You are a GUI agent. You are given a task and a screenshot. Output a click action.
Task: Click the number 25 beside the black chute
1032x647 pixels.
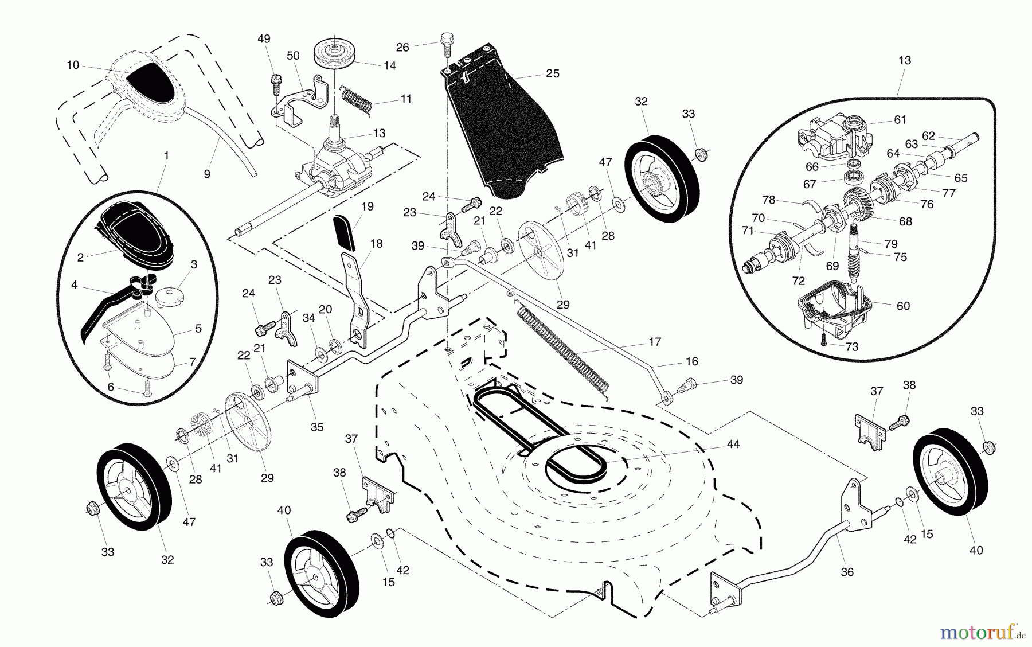pos(552,74)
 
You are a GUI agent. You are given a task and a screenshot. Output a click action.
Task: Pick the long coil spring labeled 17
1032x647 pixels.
pos(562,348)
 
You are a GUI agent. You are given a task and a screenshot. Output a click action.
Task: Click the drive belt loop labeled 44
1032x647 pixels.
pos(573,462)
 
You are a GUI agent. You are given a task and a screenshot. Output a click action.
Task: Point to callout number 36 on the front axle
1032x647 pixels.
pos(847,572)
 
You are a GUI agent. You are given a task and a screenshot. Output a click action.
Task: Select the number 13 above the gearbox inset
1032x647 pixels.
pos(905,60)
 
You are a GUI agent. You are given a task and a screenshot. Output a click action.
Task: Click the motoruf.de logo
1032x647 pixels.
pos(983,632)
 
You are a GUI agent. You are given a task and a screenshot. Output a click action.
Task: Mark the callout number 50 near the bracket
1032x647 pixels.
pos(293,56)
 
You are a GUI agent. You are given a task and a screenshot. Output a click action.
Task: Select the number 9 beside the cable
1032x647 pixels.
pos(207,173)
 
